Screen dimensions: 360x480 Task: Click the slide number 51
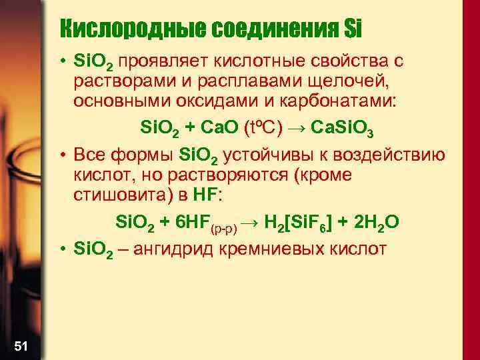click(x=21, y=345)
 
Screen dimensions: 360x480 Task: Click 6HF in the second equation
click(x=201, y=221)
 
